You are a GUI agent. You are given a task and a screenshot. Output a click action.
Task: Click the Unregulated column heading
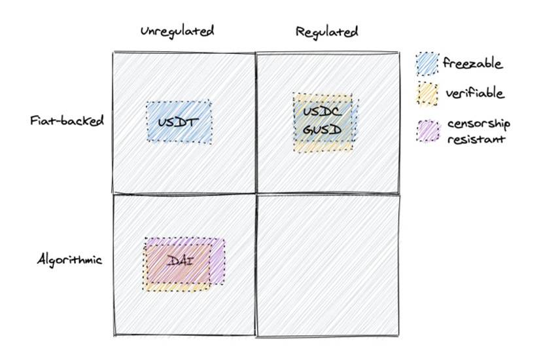coord(177,31)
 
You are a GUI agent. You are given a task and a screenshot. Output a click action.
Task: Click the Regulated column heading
coord(326,32)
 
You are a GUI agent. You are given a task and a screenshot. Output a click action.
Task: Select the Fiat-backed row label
coord(67,121)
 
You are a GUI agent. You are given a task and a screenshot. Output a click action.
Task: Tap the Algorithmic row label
coord(69,259)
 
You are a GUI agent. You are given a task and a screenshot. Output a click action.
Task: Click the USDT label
coord(178,122)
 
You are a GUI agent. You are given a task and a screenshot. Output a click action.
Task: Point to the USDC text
coord(322,111)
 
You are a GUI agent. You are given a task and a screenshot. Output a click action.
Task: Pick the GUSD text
coord(322,130)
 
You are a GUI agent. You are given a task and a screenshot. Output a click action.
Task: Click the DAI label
coord(180,261)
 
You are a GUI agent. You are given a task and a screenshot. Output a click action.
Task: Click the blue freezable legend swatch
coord(427,63)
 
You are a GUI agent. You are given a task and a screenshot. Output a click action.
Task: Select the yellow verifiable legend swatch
coord(427,94)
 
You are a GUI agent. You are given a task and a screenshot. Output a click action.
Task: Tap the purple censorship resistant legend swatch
coord(428,131)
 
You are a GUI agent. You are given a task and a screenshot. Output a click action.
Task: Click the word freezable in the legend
coord(472,63)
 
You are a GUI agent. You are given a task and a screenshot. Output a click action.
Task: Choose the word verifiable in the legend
coord(474,93)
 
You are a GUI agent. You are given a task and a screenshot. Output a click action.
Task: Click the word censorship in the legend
coord(479,124)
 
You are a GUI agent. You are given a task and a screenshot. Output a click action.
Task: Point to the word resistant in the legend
coord(476,139)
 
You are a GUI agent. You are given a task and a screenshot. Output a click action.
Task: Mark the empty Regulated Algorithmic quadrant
coord(328,265)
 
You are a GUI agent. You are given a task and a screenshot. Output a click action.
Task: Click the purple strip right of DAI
coord(217,261)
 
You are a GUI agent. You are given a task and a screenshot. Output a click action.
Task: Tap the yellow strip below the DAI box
coord(177,287)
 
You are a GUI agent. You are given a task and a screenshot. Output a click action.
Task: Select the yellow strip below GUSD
coord(323,146)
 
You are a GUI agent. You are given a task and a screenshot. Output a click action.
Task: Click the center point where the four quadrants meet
coord(256,193)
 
